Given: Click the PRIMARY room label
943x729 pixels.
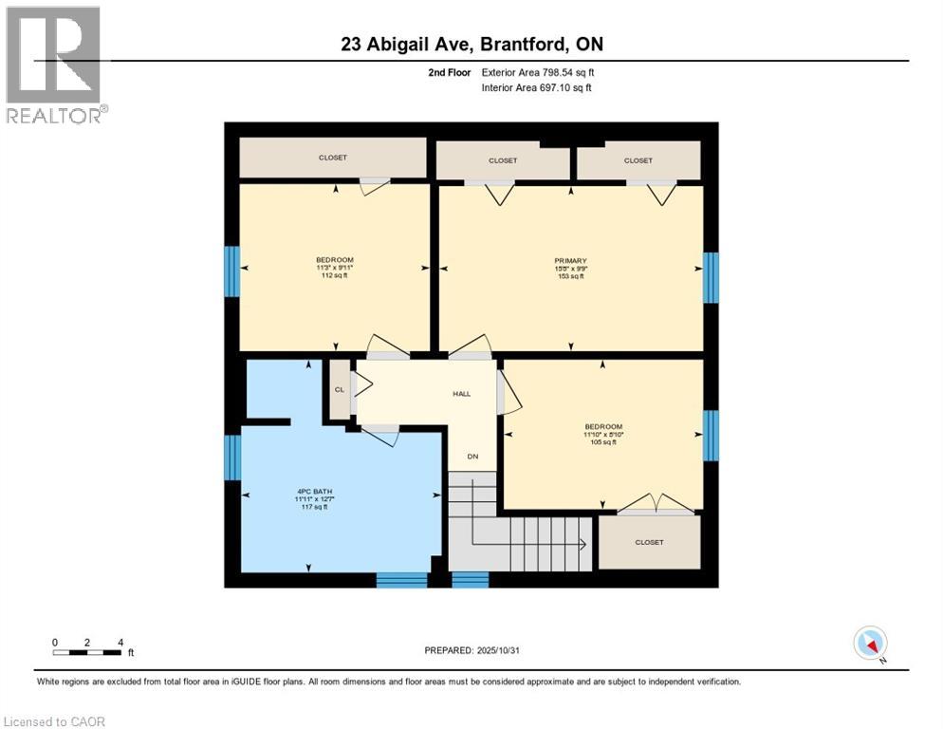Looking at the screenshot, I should coord(570,261).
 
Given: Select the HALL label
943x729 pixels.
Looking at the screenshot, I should coord(461,394).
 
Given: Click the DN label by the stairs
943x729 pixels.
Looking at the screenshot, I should coord(471,457).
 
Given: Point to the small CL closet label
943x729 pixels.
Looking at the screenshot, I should coord(339,390).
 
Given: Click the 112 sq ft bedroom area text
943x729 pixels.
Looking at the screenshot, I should coord(334,276).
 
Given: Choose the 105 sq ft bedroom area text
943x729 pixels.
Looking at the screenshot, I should coord(602,442).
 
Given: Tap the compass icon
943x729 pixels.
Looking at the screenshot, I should coord(870,643).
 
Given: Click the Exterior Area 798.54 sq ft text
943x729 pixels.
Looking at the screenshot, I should coord(538,72).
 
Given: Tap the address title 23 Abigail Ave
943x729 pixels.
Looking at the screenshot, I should coord(471,44).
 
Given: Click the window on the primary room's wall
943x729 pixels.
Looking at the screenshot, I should coord(710,277).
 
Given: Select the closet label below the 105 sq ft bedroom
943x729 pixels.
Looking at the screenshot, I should coord(649,542).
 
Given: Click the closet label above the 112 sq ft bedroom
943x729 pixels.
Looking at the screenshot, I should coord(332,158).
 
